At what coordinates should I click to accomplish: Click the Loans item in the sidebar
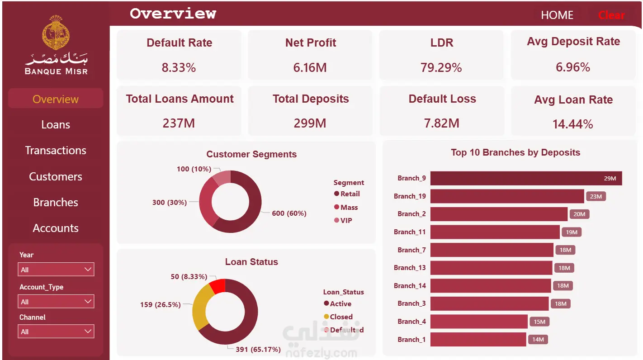pos(56,124)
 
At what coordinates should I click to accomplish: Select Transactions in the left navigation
pos(56,151)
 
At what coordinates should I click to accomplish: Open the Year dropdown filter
pos(56,269)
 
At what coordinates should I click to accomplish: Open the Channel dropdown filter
pos(56,332)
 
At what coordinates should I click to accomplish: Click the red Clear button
pos(611,15)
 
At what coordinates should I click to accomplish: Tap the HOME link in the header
pos(557,15)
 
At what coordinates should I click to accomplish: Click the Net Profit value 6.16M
pos(310,67)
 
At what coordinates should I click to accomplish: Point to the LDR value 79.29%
pos(441,67)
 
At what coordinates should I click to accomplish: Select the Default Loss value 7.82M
pos(441,123)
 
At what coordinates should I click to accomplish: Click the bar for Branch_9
pos(526,178)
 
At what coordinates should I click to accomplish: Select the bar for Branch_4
pos(479,322)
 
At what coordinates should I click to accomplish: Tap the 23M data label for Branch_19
pos(596,196)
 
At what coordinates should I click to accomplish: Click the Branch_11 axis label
pos(410,232)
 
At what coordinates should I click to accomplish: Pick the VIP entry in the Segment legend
pos(343,221)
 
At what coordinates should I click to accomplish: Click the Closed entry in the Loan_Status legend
pos(338,317)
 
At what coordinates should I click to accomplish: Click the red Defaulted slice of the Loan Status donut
pos(218,286)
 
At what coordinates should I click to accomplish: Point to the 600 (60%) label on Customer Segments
pos(289,213)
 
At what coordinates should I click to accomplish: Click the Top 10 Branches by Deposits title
pos(515,152)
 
